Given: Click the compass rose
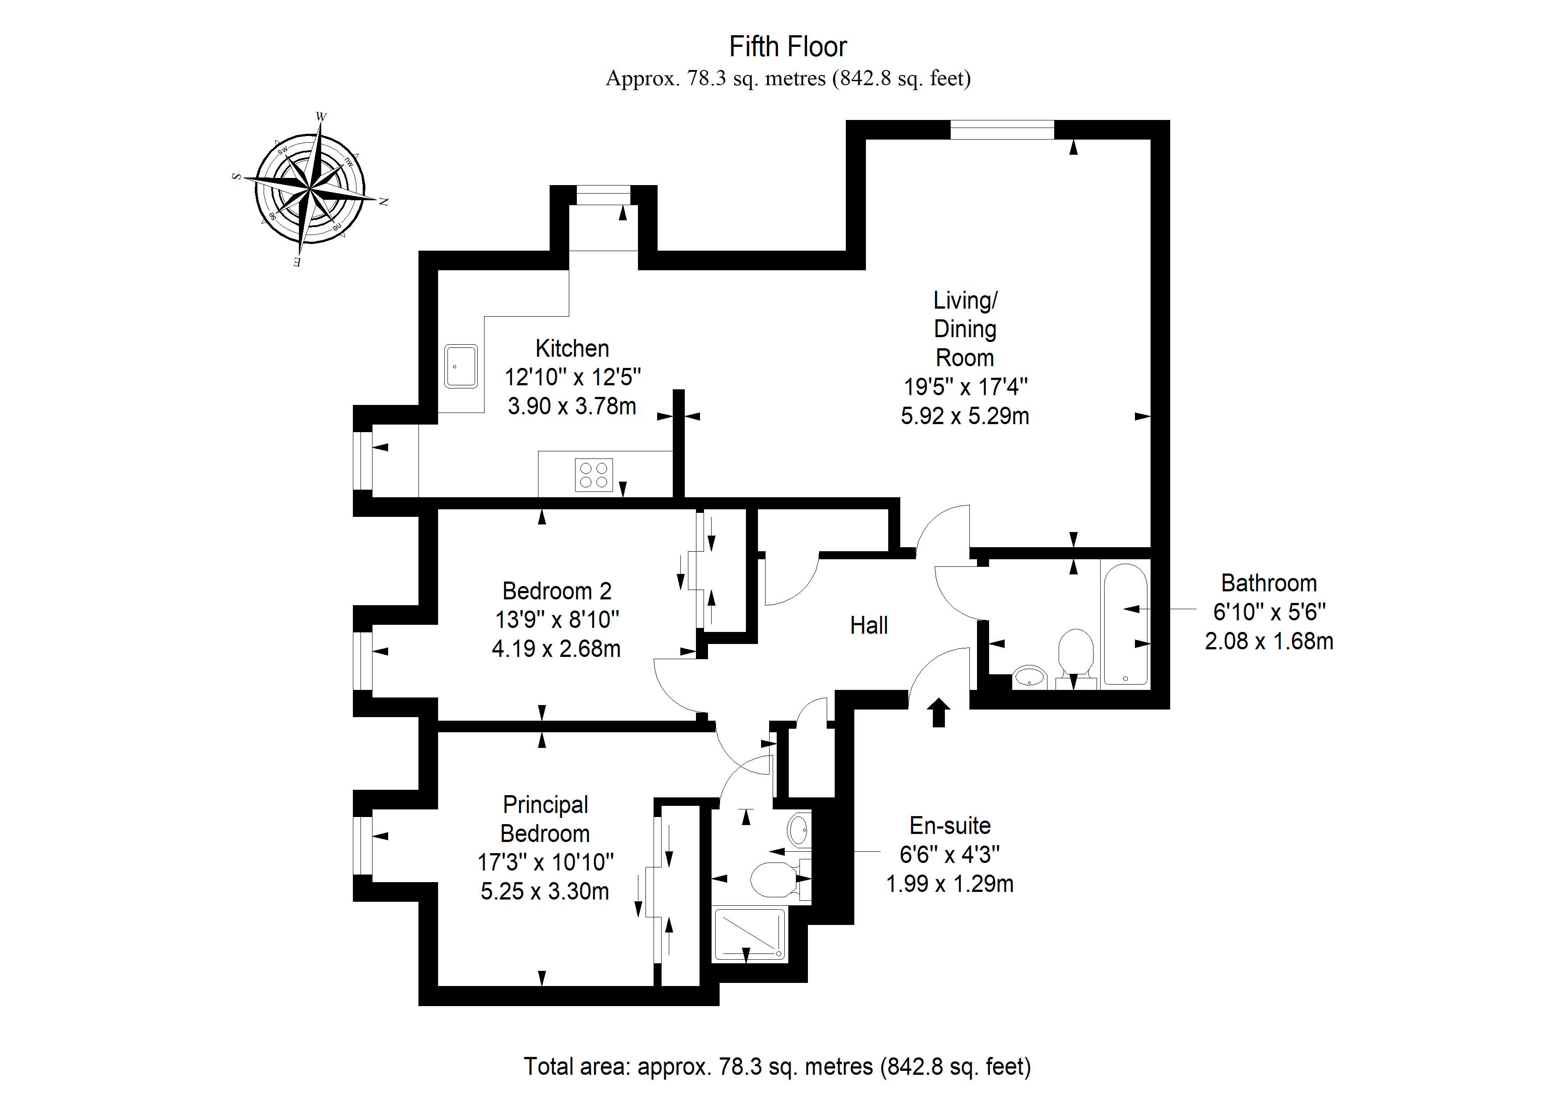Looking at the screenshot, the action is pos(310,189).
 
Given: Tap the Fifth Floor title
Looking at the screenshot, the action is pos(788,47).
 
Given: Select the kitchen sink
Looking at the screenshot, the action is pos(461,366).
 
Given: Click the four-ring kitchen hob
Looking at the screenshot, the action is pos(594,475).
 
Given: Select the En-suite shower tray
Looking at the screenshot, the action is pos(749,934).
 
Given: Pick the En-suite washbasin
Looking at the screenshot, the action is pos(799,830).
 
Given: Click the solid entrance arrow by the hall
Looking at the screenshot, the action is pos(939,712).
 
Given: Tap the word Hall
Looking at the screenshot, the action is pos(869,625).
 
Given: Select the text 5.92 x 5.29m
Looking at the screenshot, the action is pos(965,416).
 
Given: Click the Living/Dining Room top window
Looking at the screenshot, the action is pos(1002,129).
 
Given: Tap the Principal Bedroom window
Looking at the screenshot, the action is pos(363,845).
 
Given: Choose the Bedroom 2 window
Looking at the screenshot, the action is pos(363,661).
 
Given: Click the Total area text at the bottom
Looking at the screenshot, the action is pos(777,1066).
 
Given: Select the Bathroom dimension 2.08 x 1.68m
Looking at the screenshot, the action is pos(1268,641).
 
